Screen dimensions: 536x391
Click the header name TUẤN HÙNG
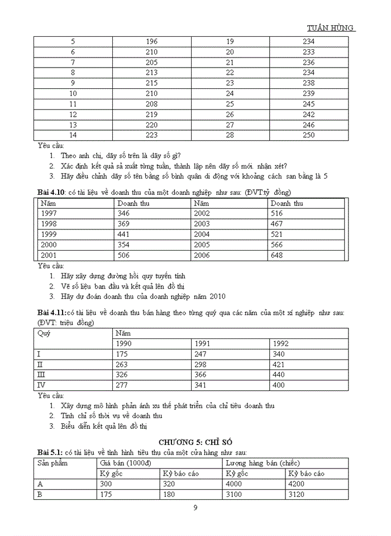(331, 28)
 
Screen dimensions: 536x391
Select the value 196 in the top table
(151, 42)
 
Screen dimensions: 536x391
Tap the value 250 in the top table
(308, 135)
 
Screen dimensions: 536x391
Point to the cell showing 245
(308, 104)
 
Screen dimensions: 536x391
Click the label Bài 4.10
(51, 193)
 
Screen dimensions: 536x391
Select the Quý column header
(44, 333)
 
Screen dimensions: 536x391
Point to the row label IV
(41, 385)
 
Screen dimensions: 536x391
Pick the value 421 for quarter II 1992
(280, 364)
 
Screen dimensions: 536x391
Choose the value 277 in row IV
(122, 385)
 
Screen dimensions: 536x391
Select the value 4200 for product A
(297, 484)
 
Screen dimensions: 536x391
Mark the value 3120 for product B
(297, 495)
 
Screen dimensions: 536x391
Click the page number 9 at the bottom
(195, 508)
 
